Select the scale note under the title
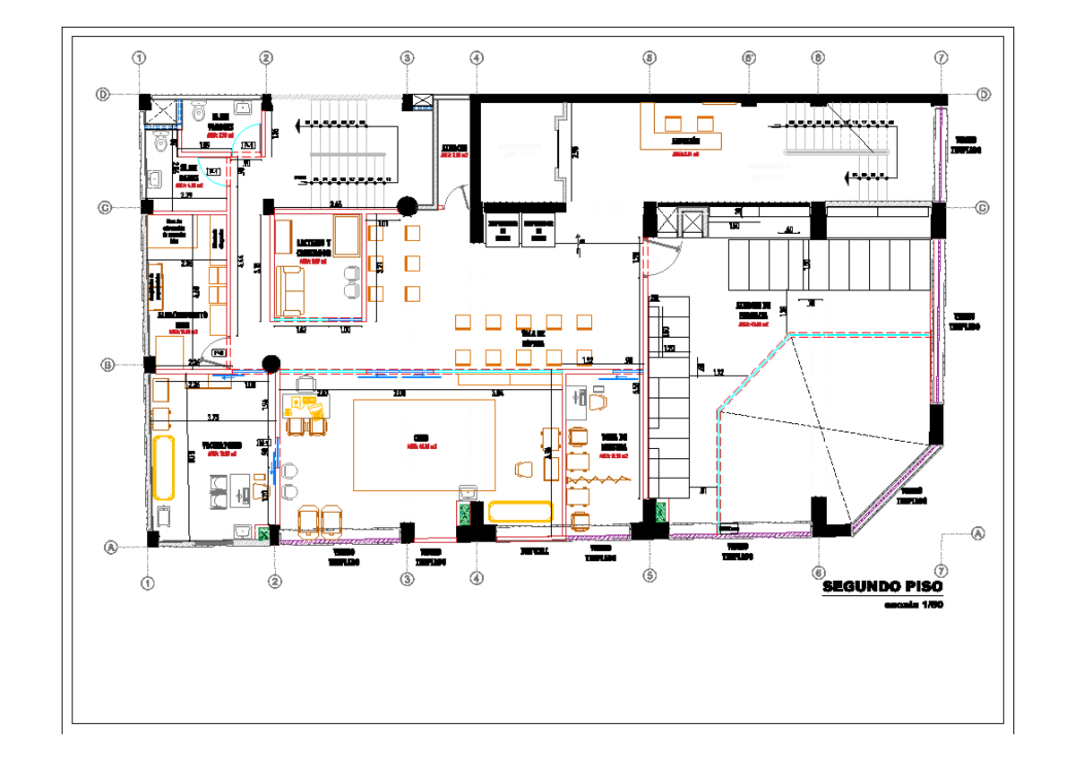coord(913,605)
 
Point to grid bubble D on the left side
coord(104,94)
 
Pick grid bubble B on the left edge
coord(107,365)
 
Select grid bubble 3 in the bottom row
coord(408,580)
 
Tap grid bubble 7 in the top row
coord(940,57)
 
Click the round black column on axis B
coord(270,363)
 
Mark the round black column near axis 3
coord(406,206)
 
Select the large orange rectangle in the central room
coord(424,445)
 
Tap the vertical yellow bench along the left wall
coord(162,467)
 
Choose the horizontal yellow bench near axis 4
coord(520,511)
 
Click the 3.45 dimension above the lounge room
coord(335,205)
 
